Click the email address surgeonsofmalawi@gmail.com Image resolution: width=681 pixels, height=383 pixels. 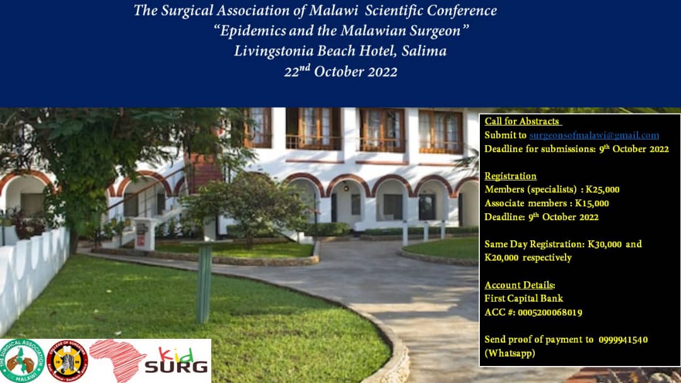tap(594, 135)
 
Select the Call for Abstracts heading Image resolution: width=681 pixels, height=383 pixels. tap(523, 121)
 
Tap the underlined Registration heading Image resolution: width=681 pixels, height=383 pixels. tap(511, 176)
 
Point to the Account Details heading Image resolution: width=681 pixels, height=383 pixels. tap(520, 285)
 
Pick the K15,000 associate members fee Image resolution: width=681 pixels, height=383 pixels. tap(592, 203)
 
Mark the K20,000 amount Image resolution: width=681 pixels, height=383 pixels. tap(502, 257)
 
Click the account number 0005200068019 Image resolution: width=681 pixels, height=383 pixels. tap(550, 312)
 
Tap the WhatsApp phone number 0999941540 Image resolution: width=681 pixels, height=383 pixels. tap(622, 339)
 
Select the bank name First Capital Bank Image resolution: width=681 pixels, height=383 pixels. tap(523, 298)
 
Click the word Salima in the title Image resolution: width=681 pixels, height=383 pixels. tap(424, 51)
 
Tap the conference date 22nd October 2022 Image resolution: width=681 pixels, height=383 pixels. tap(340, 71)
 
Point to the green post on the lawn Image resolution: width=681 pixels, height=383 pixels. tap(204, 284)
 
